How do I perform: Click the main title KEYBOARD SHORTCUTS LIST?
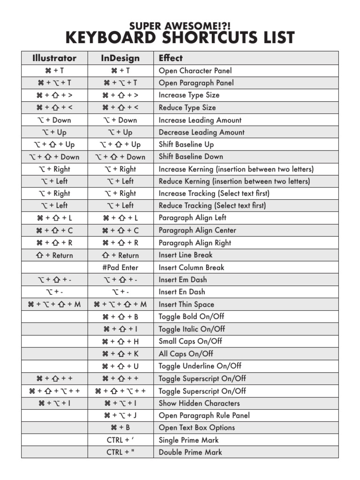180,37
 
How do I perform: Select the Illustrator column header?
54,58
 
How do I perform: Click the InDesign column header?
120,58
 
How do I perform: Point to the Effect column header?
171,58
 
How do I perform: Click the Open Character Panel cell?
195,71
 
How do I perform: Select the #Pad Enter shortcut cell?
120,268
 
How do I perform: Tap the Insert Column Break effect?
191,268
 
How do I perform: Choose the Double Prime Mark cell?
190,452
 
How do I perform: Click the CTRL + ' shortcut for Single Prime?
120,440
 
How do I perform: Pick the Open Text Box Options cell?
196,427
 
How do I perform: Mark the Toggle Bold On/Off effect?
191,317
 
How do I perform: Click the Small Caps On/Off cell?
190,341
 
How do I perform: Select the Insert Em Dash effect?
182,280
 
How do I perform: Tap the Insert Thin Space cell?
186,305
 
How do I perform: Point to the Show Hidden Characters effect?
199,403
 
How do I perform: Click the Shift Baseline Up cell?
186,144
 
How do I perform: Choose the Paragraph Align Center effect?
197,231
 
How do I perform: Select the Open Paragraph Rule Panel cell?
204,415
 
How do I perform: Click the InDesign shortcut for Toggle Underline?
120,366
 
